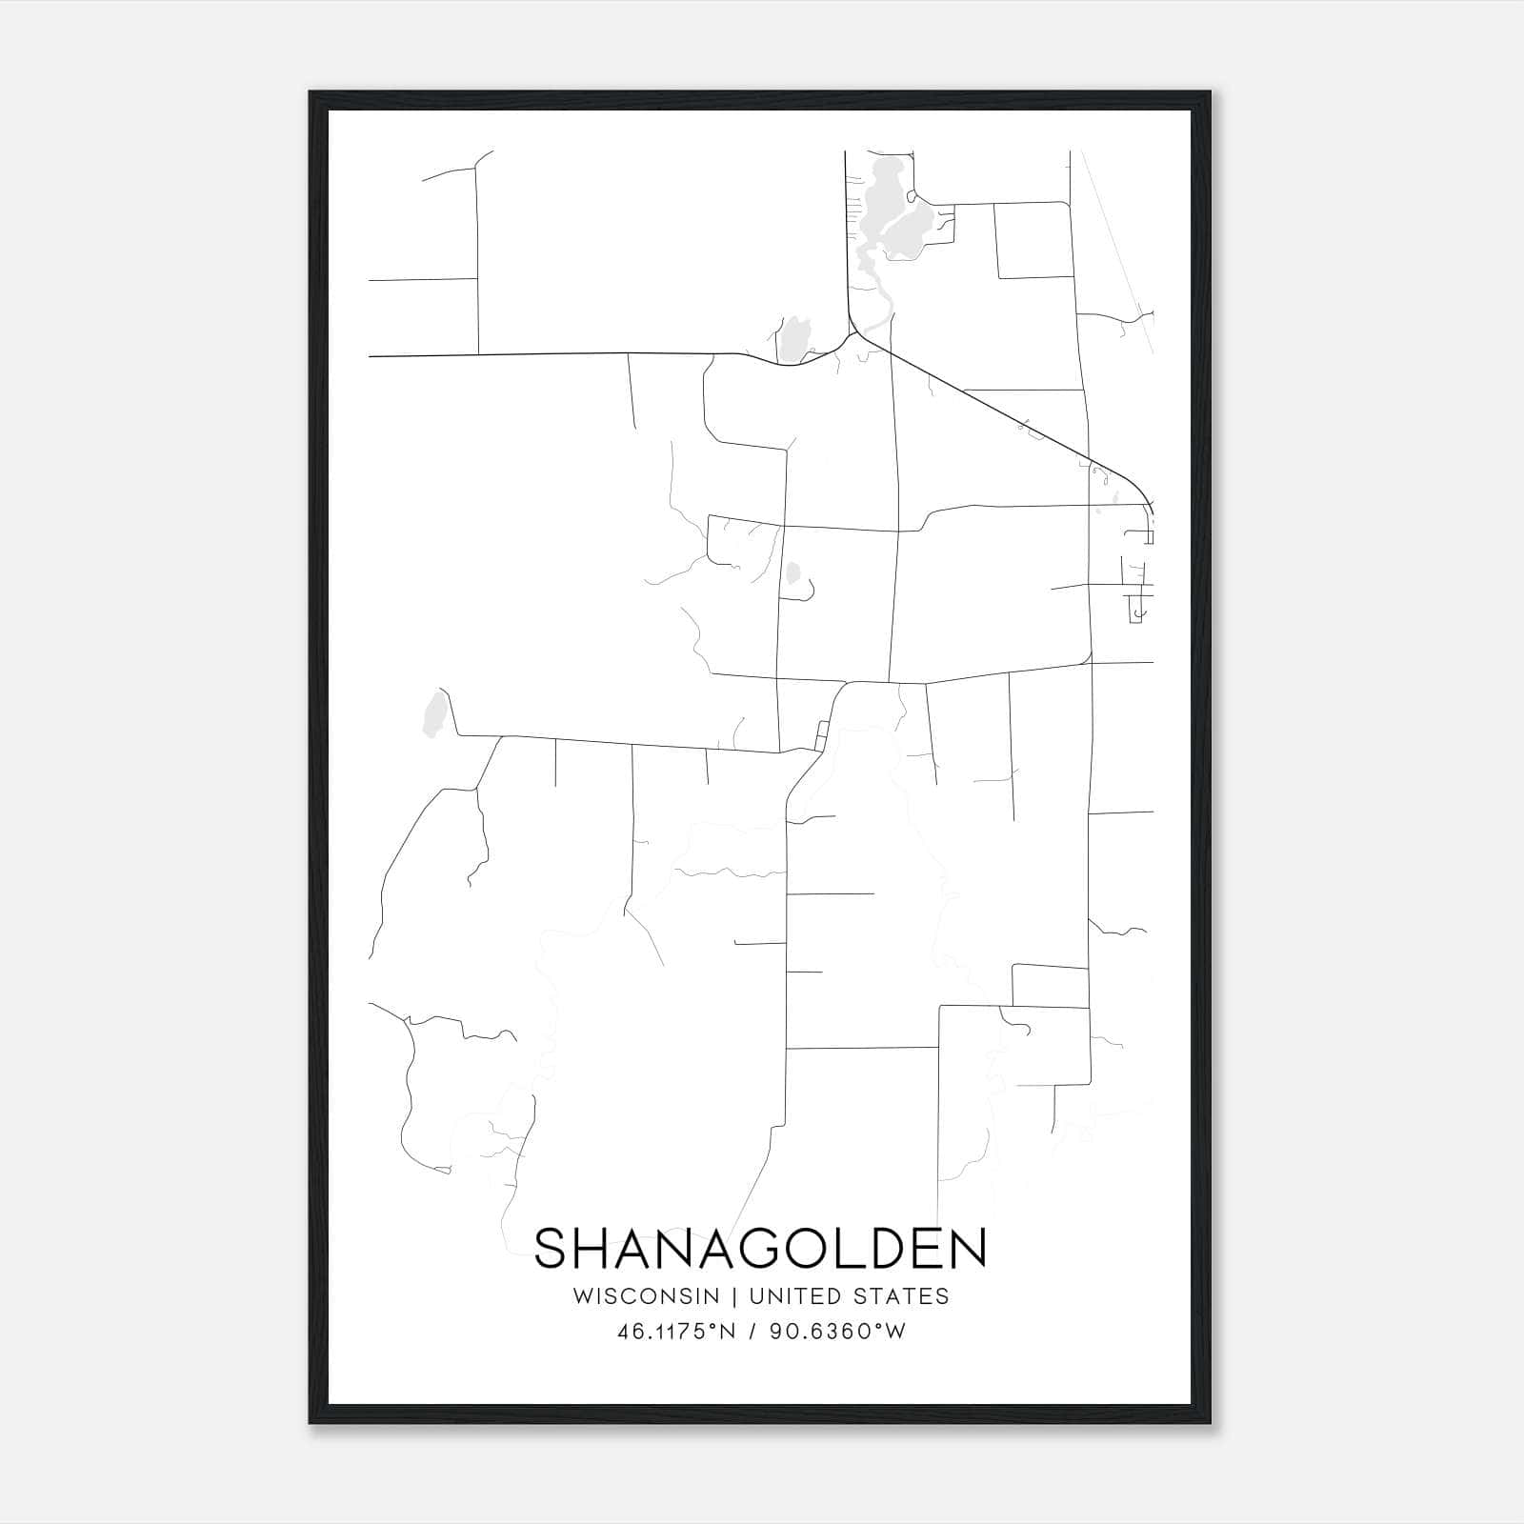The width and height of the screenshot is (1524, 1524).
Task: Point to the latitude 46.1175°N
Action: pos(676,1332)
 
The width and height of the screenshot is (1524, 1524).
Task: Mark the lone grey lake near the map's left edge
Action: pos(435,714)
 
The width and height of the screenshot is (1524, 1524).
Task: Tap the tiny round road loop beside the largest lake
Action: pos(912,197)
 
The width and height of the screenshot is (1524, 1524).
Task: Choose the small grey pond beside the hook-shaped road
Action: pos(792,573)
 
